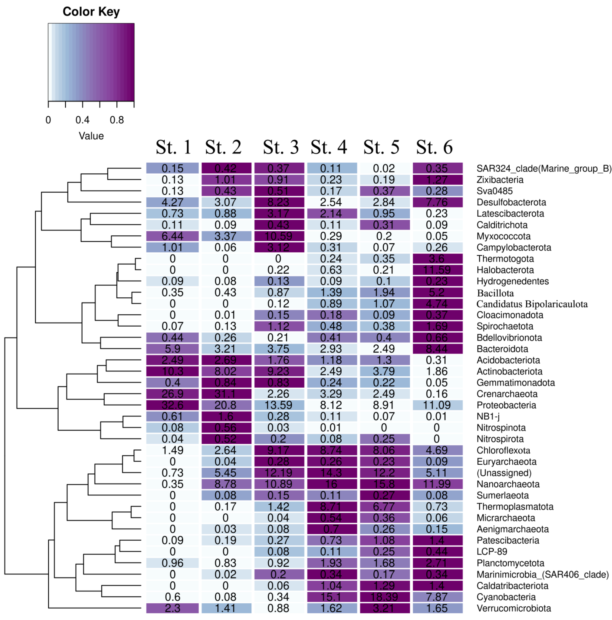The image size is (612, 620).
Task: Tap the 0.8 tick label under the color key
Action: coord(117,120)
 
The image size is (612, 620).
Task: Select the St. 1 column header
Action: coord(173,147)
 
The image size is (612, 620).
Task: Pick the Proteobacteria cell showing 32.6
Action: coord(172,405)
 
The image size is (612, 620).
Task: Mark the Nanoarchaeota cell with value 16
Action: coord(332,484)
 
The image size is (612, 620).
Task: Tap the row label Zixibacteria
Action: coord(500,180)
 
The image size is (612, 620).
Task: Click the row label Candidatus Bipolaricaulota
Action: coord(532,304)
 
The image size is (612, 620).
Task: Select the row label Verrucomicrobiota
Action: coord(514,608)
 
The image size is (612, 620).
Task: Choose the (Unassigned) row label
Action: coord(504,473)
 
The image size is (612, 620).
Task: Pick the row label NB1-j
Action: coord(488,416)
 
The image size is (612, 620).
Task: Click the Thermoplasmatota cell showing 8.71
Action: coord(332,506)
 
